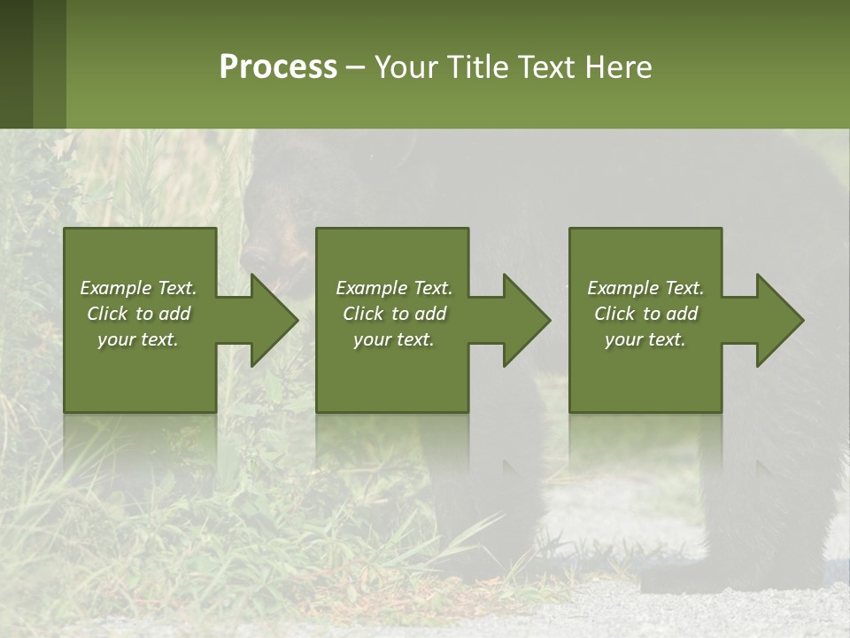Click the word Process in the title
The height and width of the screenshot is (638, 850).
pos(278,67)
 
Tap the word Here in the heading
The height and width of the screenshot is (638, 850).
pos(619,67)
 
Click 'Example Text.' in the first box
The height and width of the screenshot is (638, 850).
pos(138,288)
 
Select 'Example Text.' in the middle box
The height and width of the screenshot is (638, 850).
pos(393,288)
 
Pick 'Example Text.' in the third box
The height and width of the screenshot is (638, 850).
pos(645,288)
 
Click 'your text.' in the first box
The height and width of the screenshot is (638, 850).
pos(138,339)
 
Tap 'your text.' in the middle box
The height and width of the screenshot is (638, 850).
pos(393,339)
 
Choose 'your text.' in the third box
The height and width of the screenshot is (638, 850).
pos(645,339)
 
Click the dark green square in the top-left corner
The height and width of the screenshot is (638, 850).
pos(17,64)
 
